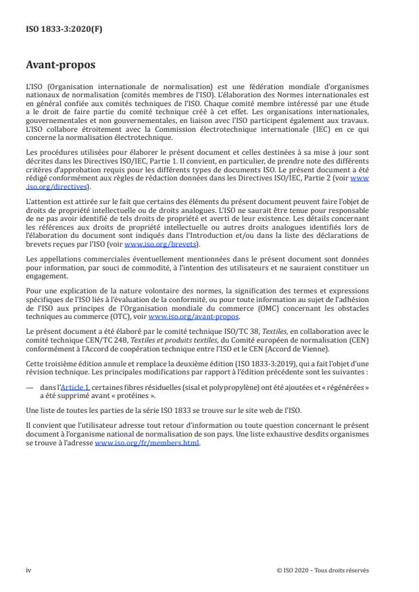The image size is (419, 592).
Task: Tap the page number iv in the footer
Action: pyautogui.click(x=28, y=570)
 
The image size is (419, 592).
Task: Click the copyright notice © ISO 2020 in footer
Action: pyautogui.click(x=322, y=570)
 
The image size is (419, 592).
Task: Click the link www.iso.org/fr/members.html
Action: pyautogui.click(x=147, y=443)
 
